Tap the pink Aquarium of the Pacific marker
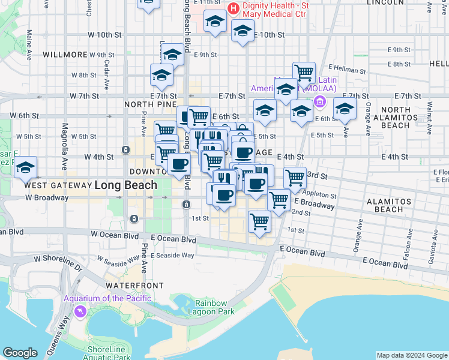pos(80,312)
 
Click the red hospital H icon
pos(234,9)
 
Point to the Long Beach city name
pos(125,185)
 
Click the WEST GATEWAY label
pos(56,185)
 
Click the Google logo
pos(20,353)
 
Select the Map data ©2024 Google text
pos(411,355)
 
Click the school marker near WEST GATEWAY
pos(25,169)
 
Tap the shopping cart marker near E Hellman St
pos(304,73)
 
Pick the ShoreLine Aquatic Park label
pos(109,353)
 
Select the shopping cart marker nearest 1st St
pos(259,221)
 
